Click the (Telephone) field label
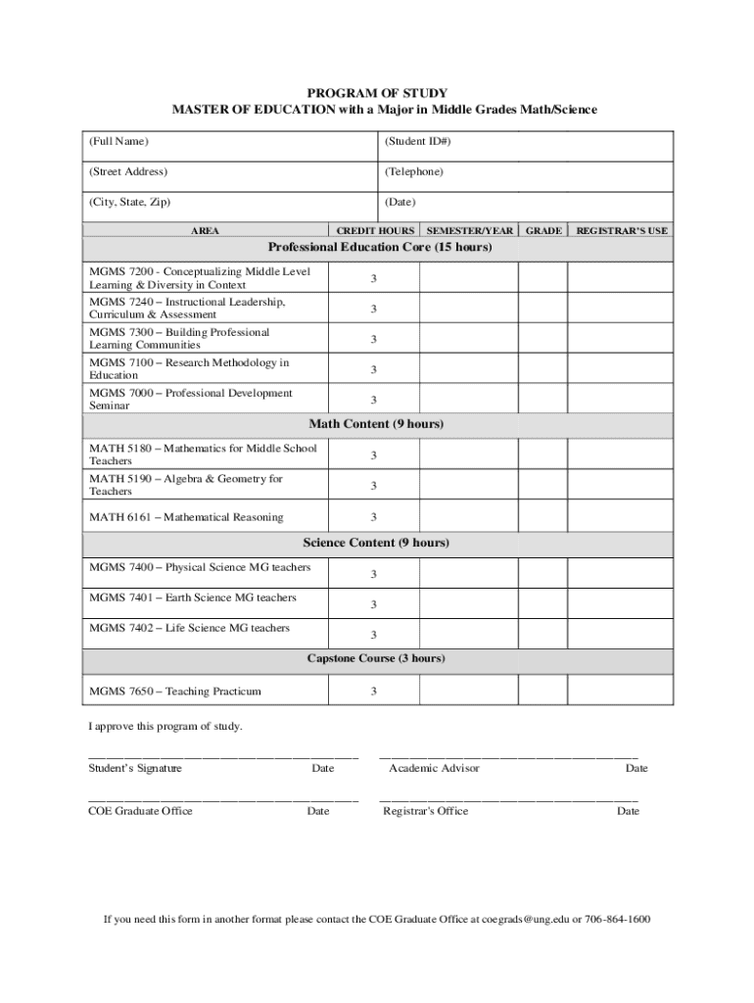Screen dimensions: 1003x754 pyautogui.click(x=413, y=171)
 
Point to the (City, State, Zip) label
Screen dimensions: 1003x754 pyautogui.click(x=130, y=202)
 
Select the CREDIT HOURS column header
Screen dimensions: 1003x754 pyautogui.click(x=374, y=231)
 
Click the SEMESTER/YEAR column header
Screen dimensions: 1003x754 pyautogui.click(x=469, y=231)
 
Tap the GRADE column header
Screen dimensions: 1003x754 pyautogui.click(x=543, y=231)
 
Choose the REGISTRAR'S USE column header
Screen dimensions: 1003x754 pyautogui.click(x=621, y=231)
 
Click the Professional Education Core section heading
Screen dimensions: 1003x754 pyautogui.click(x=379, y=248)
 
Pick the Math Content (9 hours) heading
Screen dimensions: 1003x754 pyautogui.click(x=376, y=424)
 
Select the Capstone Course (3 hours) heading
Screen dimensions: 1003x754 pyautogui.click(x=376, y=658)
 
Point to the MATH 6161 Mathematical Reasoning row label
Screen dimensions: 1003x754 pyautogui.click(x=186, y=517)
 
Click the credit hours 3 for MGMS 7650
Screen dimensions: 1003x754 pyautogui.click(x=373, y=692)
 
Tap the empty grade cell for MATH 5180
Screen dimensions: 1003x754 pyautogui.click(x=542, y=455)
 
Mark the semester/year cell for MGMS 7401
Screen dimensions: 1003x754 pyautogui.click(x=469, y=602)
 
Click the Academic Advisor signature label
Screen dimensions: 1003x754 pyautogui.click(x=434, y=769)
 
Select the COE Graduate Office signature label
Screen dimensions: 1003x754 pyautogui.click(x=140, y=811)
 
